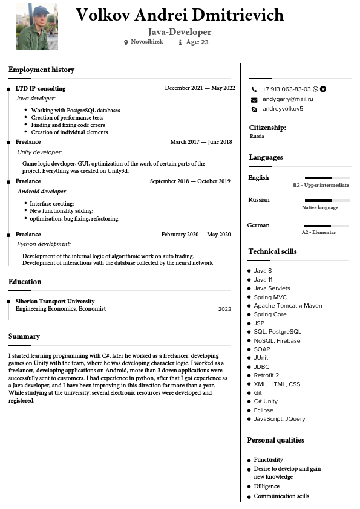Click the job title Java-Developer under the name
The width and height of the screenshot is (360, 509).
180,32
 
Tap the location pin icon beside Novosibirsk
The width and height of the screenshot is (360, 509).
126,42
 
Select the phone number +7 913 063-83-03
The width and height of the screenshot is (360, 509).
286,89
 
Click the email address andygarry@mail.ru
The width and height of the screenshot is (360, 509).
287,99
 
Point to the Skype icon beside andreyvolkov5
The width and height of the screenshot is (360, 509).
254,109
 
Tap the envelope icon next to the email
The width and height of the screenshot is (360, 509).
254,99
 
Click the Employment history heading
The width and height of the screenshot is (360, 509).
41,70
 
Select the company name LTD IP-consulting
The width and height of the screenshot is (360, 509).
41,88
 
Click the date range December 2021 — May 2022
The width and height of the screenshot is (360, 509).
200,88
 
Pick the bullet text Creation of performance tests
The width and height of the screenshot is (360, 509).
67,118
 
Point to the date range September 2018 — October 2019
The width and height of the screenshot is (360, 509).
190,181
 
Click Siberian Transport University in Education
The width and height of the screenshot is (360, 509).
55,301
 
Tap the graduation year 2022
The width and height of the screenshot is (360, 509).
224,309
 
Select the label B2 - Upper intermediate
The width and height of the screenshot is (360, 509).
321,185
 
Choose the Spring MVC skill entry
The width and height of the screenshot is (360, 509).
270,297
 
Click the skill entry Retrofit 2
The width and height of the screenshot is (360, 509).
266,375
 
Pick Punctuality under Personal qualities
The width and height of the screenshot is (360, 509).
268,460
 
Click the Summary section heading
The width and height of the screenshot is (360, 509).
24,336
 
